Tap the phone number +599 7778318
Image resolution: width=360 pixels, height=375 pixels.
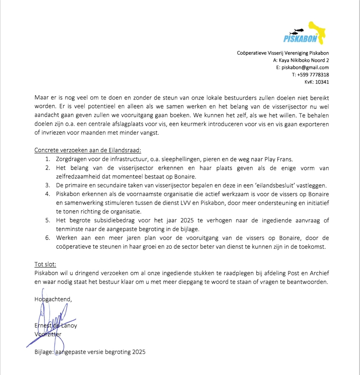tap(313, 75)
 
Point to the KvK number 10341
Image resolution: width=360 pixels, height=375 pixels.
tap(322, 82)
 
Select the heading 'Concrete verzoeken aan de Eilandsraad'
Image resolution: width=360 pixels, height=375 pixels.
tap(88, 150)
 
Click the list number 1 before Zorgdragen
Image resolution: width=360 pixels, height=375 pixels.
tap(47, 159)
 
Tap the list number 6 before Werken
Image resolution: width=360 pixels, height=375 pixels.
tap(47, 238)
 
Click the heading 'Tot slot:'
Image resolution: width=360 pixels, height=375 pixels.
tap(46, 264)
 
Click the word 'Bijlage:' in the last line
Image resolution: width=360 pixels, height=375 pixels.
tap(44, 351)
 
